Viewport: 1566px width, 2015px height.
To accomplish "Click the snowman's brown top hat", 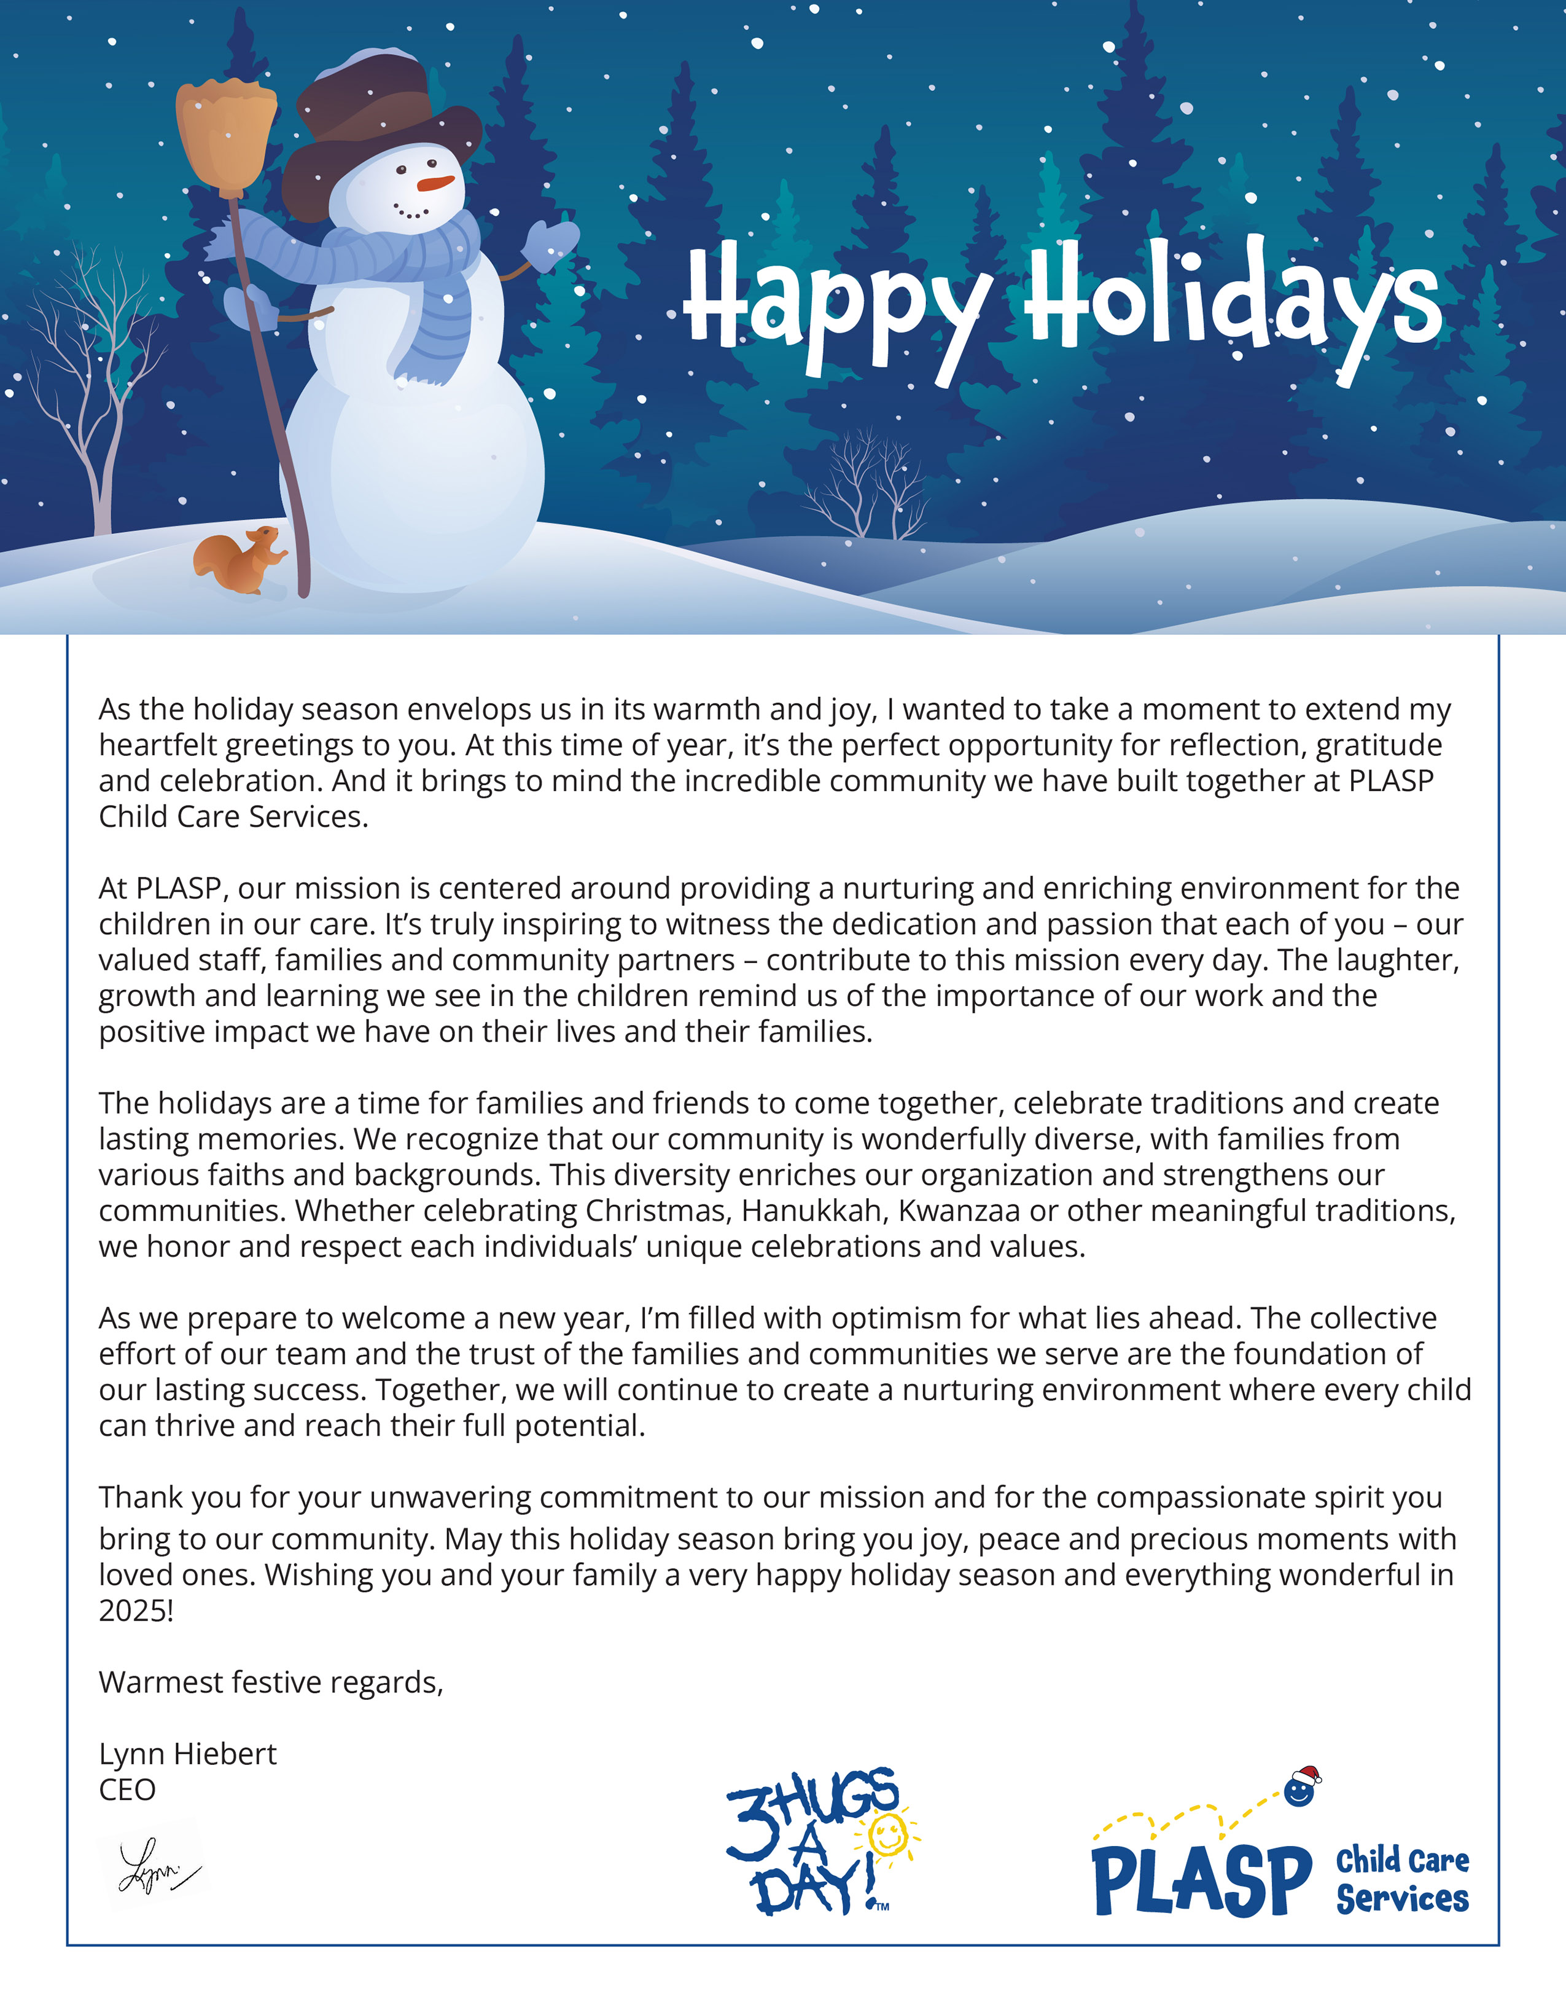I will (378, 129).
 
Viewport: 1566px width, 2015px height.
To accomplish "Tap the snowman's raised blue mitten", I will (551, 245).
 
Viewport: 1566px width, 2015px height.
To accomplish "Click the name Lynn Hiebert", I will (187, 1754).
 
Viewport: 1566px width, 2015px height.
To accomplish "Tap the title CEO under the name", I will (127, 1790).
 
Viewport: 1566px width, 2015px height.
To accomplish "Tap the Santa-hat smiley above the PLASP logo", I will (1301, 1788).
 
